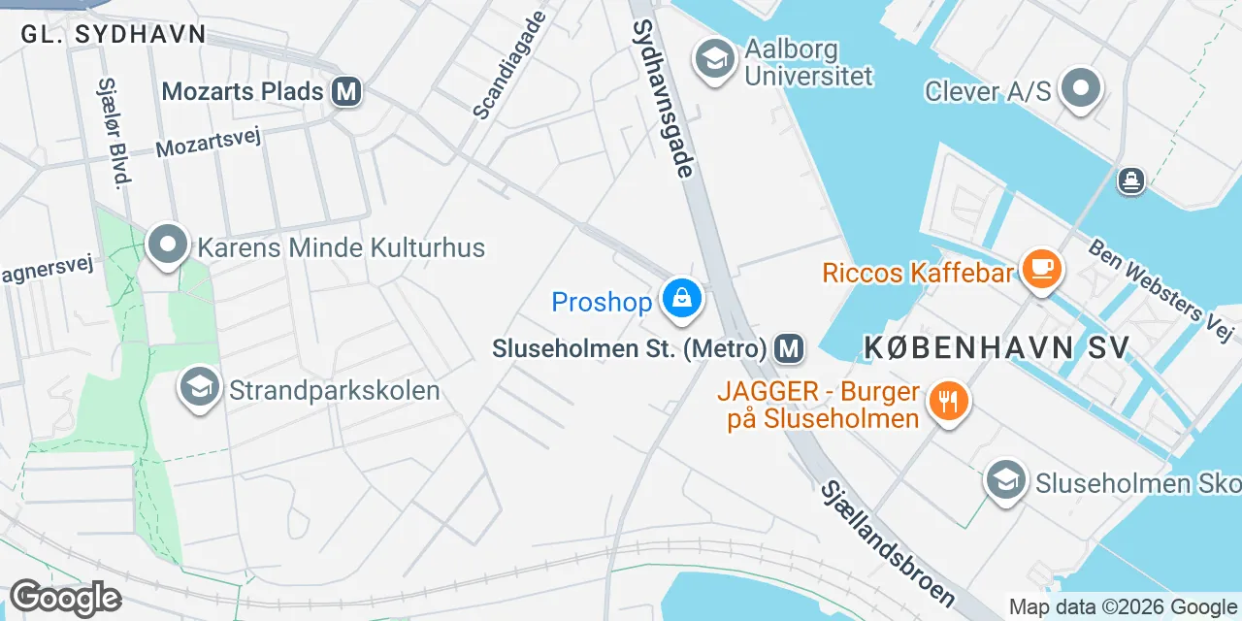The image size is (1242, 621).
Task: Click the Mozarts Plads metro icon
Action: [346, 92]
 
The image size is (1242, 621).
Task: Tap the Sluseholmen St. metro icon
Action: [790, 347]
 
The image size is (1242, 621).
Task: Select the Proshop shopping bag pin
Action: [682, 298]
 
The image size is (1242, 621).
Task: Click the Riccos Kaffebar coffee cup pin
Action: [1042, 268]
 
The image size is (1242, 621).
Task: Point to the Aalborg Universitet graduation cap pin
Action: [714, 59]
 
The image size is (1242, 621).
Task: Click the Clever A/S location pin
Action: [1080, 89]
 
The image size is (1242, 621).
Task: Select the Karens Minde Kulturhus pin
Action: [167, 245]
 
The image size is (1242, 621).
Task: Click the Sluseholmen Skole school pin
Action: [1006, 480]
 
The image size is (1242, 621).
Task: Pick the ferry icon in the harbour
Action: [1131, 180]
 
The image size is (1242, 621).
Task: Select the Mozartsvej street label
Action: [210, 143]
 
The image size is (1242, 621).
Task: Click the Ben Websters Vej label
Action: [1162, 290]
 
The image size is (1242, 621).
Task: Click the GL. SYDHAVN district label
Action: [114, 34]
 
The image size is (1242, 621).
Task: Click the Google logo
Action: [65, 599]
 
